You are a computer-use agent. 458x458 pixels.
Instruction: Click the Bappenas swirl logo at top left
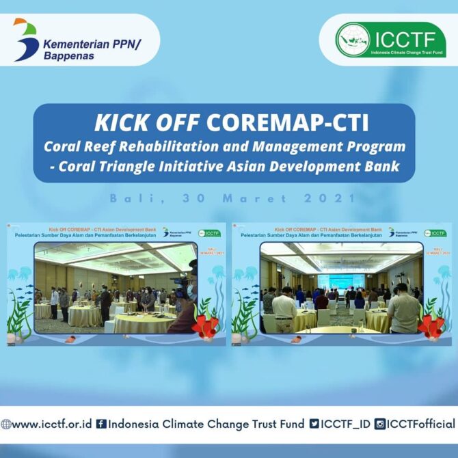pos(26,39)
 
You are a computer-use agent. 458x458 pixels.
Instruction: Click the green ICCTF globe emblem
pos(352,40)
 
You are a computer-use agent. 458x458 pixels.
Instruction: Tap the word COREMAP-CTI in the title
pos(287,123)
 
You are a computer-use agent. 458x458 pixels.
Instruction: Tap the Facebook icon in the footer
pos(101,424)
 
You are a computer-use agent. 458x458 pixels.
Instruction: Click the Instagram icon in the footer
pos(379,424)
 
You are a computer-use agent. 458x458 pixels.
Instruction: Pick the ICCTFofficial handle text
pos(420,424)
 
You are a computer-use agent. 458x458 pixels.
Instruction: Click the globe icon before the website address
pos(5,424)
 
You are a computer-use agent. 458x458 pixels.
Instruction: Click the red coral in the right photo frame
pos(431,327)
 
